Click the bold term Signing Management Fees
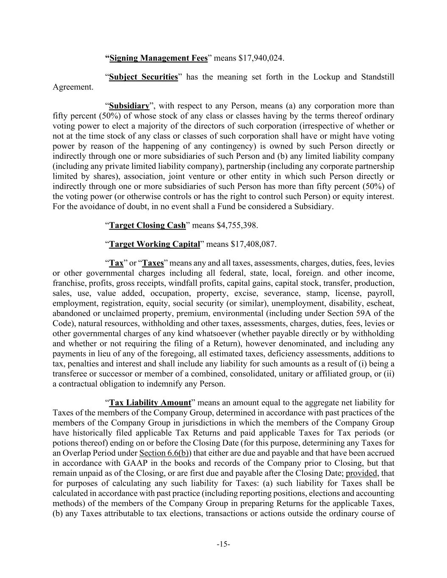(x=158, y=58)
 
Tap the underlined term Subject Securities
(x=143, y=77)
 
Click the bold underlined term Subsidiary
(x=129, y=106)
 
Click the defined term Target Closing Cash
(x=147, y=225)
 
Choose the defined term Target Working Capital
(x=154, y=244)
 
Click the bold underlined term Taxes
(x=153, y=263)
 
